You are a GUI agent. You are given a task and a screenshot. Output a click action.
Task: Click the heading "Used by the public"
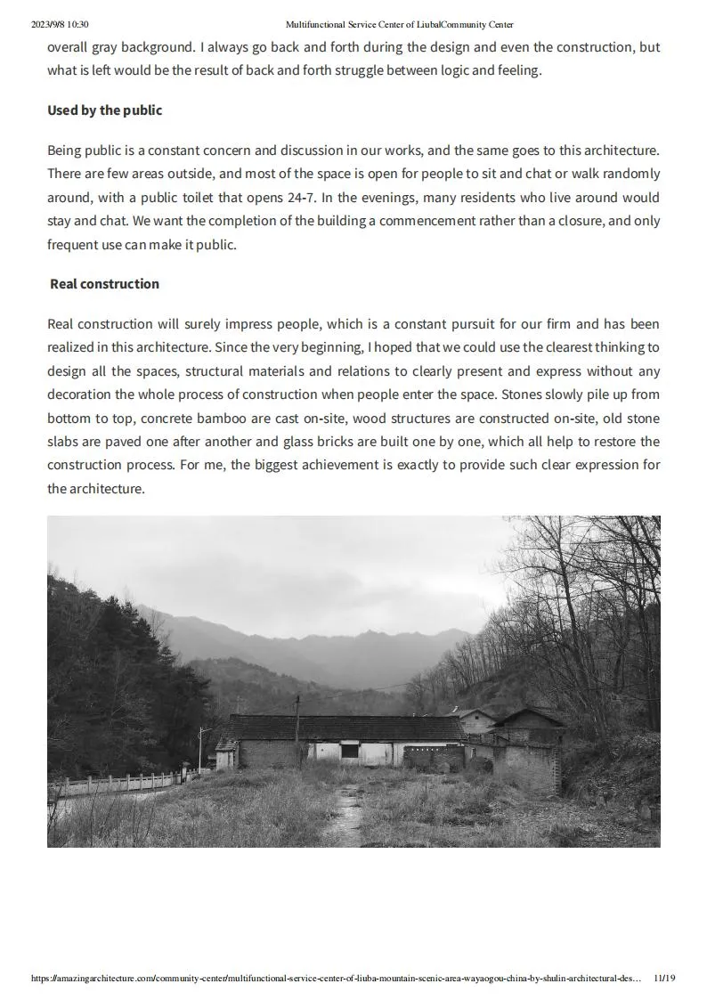[x=104, y=110]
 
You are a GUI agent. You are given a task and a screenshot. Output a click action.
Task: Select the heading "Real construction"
[x=104, y=284]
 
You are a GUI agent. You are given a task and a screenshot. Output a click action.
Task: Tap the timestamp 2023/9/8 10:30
[x=60, y=25]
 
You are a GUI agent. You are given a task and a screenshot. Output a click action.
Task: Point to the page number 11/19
[x=664, y=978]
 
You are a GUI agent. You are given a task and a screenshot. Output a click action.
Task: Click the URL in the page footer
[x=335, y=978]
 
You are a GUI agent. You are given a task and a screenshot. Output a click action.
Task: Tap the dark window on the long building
[x=350, y=752]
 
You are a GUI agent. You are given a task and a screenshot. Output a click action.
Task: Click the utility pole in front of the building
[x=297, y=730]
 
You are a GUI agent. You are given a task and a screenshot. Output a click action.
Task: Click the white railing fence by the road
[x=116, y=784]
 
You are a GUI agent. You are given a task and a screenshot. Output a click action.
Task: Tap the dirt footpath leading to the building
[x=342, y=806]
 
